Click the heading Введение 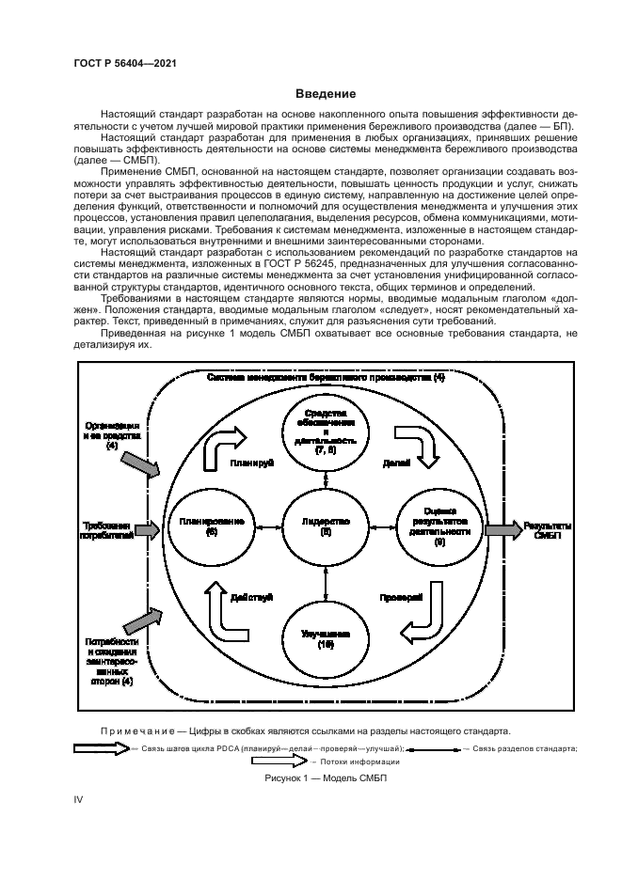pyautogui.click(x=325, y=93)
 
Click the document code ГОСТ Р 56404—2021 pyautogui.click(x=121, y=63)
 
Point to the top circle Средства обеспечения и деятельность pyautogui.click(x=326, y=432)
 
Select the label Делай pyautogui.click(x=396, y=463)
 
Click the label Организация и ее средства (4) pyautogui.click(x=113, y=434)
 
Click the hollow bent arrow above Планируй pyautogui.click(x=227, y=440)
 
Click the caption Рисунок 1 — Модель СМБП pyautogui.click(x=325, y=779)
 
